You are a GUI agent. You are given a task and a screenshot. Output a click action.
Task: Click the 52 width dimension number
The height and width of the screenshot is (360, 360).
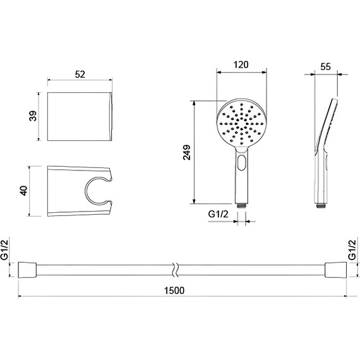click(x=80, y=75)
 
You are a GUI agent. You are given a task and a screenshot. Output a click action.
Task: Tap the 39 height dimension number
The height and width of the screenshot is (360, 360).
click(x=33, y=116)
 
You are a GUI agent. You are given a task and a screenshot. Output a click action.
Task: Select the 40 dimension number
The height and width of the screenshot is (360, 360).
click(x=23, y=191)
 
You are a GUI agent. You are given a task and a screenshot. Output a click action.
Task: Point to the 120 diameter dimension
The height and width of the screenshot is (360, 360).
click(x=241, y=65)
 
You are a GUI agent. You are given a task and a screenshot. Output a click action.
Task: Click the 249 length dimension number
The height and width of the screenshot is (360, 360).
click(x=187, y=152)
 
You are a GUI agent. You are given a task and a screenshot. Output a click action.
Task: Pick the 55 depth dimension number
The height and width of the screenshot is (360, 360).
click(x=325, y=67)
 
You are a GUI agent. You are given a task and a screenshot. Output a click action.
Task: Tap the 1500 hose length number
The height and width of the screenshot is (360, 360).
click(x=174, y=291)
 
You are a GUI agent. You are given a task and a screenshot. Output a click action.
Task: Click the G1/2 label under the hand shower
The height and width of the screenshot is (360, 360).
click(x=219, y=214)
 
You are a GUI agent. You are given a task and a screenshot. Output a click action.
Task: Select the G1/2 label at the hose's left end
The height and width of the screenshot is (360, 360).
click(x=4, y=250)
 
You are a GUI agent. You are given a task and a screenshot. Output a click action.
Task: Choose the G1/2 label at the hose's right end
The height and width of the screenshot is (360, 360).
click(x=352, y=250)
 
